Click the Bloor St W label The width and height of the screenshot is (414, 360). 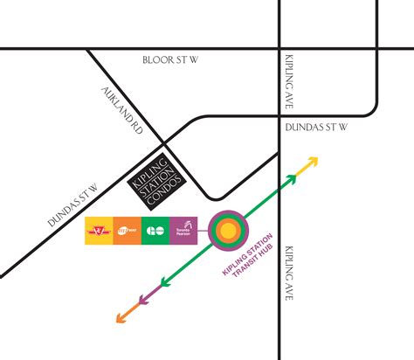click(x=177, y=60)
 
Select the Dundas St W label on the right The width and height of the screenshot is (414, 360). click(x=318, y=128)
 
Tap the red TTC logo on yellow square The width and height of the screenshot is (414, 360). click(x=98, y=232)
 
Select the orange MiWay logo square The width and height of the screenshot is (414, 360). click(x=126, y=232)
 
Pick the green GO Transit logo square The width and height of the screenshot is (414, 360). click(x=154, y=232)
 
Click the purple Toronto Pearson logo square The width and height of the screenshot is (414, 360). click(x=183, y=232)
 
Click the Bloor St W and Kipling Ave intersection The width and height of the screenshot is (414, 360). click(x=279, y=49)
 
